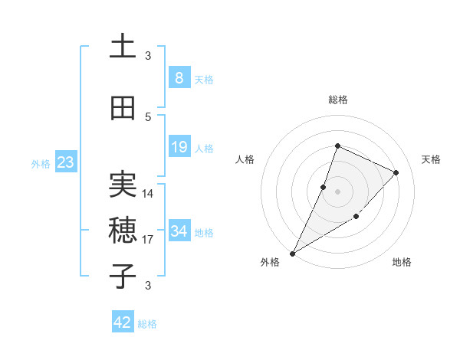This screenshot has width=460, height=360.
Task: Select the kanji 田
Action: pos(123,108)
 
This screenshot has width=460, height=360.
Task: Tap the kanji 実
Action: pos(123,183)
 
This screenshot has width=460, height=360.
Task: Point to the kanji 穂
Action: pos(123,229)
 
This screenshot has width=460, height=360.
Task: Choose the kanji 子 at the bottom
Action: pos(123,276)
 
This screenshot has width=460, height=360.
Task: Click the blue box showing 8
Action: pos(179,78)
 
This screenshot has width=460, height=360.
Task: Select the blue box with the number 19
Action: pos(179,147)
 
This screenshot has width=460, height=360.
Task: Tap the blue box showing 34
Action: pos(179,231)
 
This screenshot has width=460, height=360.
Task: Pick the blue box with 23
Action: pos(65,162)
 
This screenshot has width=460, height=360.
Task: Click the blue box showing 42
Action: pos(123,322)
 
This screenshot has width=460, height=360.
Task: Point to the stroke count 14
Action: pos(149,194)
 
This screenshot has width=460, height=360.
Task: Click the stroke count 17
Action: pos(149,240)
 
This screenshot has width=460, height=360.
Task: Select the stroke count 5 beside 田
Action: pos(149,117)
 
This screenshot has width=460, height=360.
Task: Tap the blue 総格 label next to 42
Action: pos(148,324)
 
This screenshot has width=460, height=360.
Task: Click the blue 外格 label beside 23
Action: pos(41,164)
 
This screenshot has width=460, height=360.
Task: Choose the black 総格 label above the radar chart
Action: pos(337,100)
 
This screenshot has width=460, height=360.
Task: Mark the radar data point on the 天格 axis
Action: pos(396,172)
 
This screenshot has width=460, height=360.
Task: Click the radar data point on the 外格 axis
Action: pos(292,253)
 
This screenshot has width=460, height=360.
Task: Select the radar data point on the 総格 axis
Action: pos(337,146)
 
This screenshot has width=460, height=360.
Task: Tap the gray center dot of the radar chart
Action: pos(337,191)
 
